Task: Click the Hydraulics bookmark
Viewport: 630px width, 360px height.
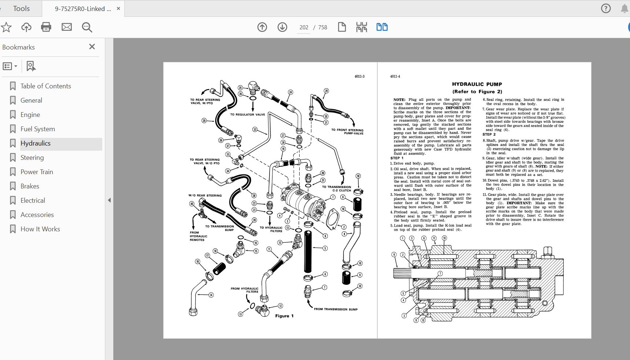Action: [36, 143]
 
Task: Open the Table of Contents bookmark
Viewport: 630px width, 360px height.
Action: [45, 86]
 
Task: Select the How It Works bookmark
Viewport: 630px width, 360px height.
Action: [40, 229]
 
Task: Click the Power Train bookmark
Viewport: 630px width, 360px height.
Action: [37, 172]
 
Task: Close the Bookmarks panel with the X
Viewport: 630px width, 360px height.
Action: [92, 47]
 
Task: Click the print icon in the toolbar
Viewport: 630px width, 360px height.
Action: [46, 27]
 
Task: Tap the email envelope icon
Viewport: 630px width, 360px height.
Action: [67, 27]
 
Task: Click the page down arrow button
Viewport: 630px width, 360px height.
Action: [282, 27]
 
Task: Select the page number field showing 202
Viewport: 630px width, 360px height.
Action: [304, 27]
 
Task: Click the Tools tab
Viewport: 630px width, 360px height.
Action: [21, 8]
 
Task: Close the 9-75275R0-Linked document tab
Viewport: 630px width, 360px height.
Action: [118, 8]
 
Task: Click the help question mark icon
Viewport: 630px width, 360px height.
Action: [606, 8]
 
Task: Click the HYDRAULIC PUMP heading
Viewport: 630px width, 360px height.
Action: [477, 84]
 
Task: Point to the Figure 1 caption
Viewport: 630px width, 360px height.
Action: [284, 316]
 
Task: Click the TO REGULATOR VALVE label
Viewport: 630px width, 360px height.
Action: [248, 115]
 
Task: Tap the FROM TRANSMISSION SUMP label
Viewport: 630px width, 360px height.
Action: [336, 309]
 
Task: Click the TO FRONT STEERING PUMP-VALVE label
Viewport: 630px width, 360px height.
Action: [347, 132]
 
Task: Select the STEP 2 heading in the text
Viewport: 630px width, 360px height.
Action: [489, 135]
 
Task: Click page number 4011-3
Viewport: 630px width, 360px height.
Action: [359, 77]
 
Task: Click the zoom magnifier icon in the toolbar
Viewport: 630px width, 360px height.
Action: [87, 27]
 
